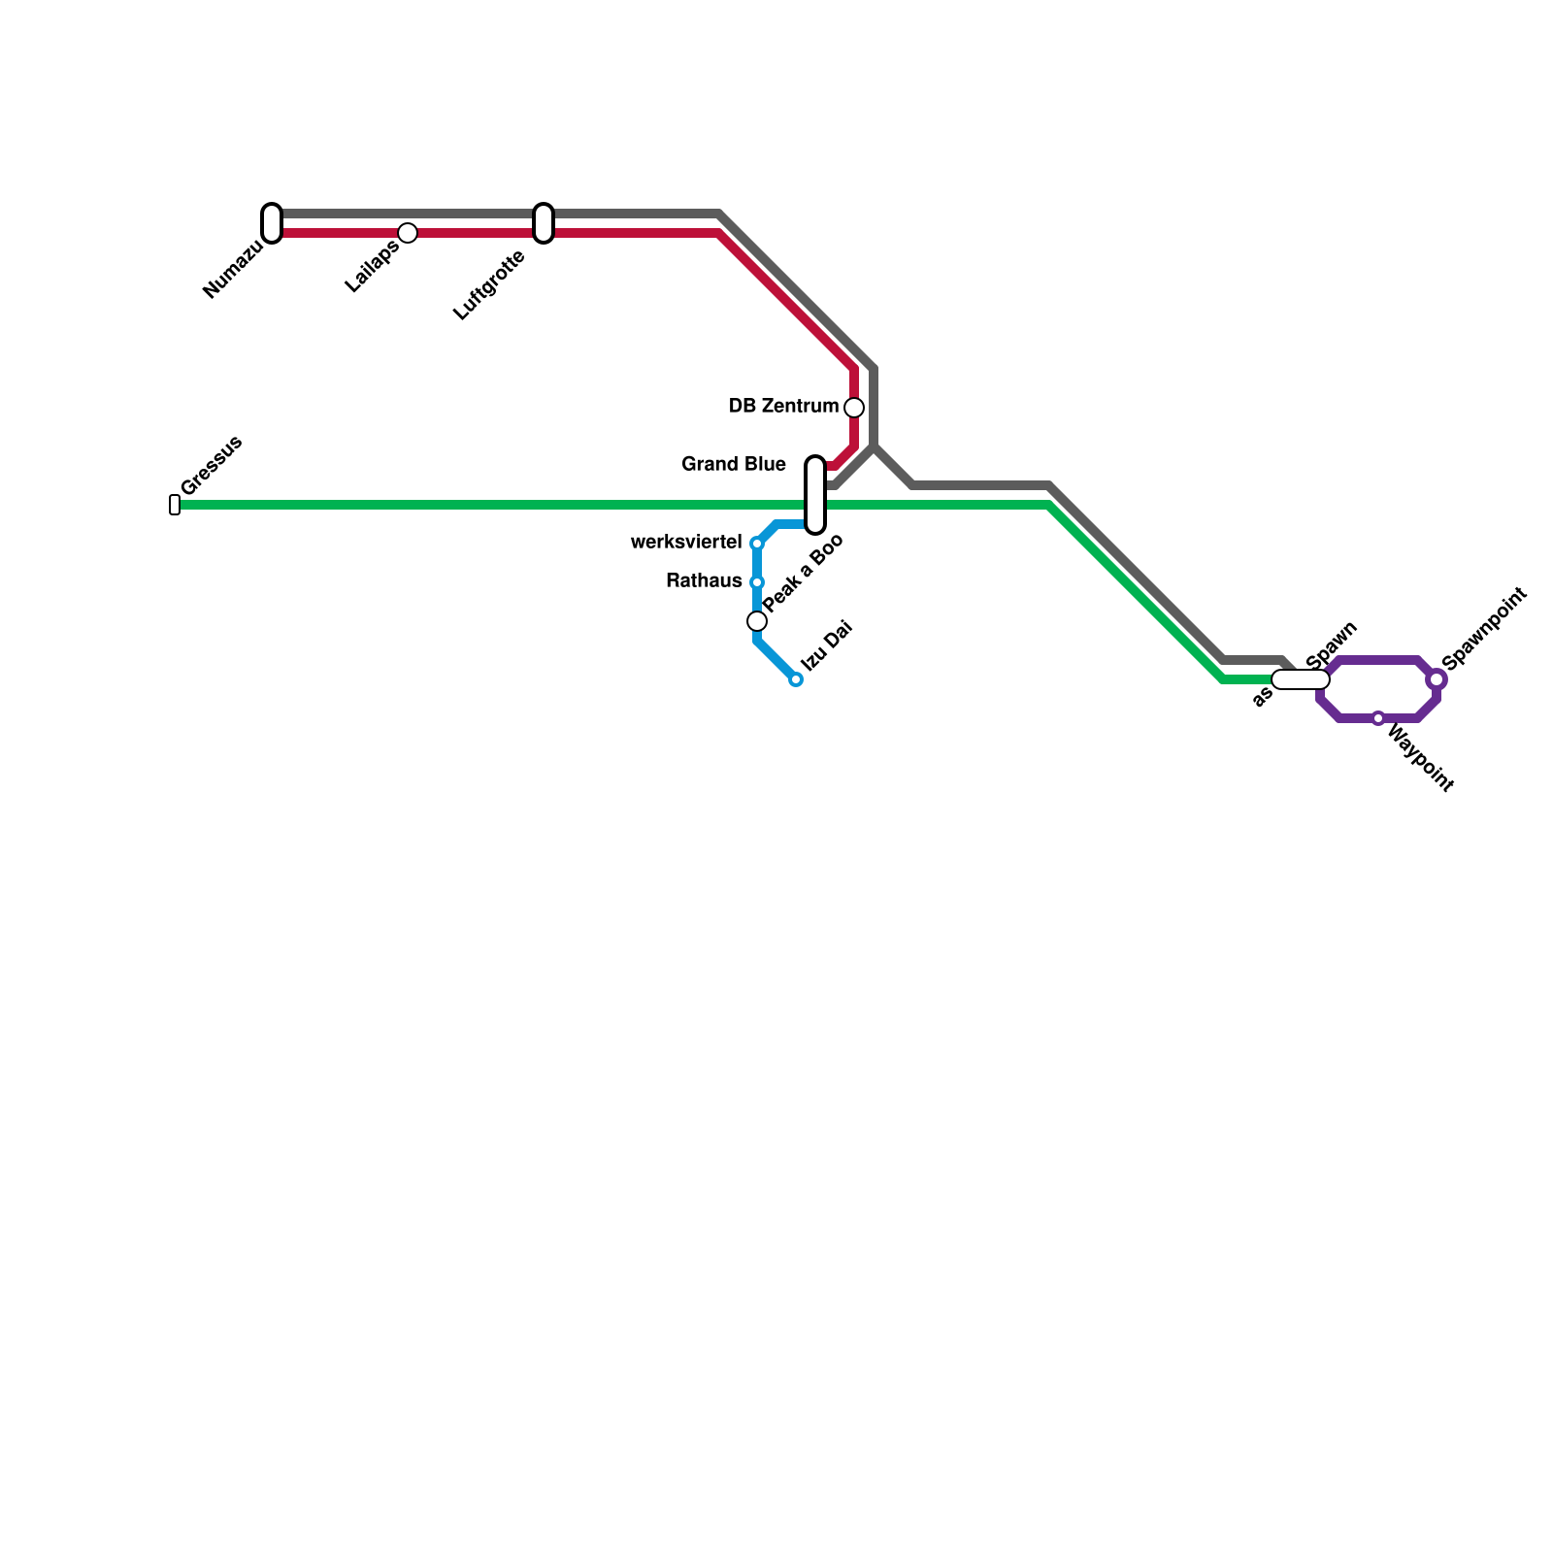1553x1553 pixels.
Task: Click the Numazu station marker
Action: tap(272, 223)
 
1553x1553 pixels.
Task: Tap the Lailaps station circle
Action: tap(408, 233)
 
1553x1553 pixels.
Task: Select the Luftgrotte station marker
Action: tap(544, 223)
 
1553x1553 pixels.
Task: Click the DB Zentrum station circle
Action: tap(854, 408)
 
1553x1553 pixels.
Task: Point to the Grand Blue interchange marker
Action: tap(815, 495)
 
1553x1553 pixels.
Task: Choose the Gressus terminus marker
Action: tap(175, 505)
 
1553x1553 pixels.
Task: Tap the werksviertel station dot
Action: tap(757, 544)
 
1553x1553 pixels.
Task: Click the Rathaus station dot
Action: tap(757, 582)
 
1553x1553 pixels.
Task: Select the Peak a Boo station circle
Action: tap(757, 621)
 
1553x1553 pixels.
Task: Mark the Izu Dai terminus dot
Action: tap(796, 679)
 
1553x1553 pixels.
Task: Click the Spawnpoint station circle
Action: tap(1437, 680)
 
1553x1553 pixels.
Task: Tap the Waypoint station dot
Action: tap(1378, 718)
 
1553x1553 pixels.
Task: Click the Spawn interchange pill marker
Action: tap(1301, 679)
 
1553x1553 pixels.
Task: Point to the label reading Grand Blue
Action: tap(734, 465)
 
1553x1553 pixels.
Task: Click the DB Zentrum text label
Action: tap(783, 407)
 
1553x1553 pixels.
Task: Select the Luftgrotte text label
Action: tap(489, 285)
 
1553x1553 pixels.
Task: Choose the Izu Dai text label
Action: tap(826, 646)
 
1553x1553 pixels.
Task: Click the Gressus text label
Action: tap(212, 466)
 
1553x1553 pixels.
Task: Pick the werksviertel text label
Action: tap(686, 543)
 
